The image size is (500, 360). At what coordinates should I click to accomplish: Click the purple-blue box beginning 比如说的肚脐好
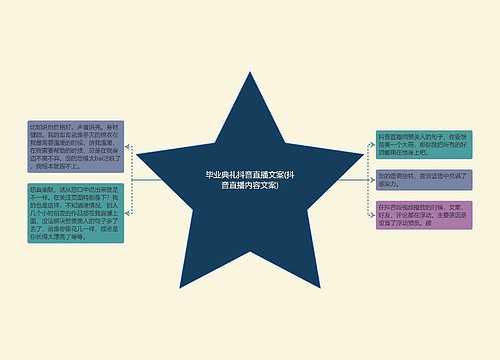(75, 148)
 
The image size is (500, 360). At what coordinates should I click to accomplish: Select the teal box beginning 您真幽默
(75, 213)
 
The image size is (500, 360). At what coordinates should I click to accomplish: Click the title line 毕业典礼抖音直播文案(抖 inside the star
(250, 175)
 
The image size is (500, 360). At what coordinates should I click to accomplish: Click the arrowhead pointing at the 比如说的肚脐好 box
(128, 148)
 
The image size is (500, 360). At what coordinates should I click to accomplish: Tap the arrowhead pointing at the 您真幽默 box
(128, 213)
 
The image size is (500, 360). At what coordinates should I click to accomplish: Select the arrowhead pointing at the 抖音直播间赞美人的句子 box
(373, 148)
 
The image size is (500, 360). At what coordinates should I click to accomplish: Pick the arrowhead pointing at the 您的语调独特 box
(373, 180)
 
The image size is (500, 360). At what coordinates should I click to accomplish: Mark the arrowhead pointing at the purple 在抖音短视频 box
(373, 214)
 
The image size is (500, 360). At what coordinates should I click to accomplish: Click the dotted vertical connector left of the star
(132, 181)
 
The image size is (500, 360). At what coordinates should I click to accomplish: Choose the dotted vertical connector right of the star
(368, 181)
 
